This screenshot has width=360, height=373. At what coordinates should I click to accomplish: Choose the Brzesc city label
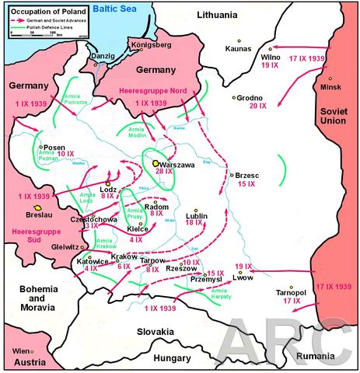pos(247,176)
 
